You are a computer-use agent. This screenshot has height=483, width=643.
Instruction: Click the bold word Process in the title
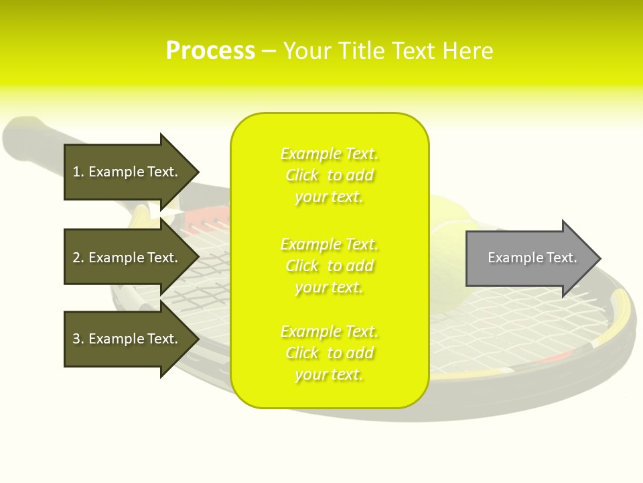(211, 51)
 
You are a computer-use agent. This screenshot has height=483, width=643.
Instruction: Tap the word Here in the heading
(468, 51)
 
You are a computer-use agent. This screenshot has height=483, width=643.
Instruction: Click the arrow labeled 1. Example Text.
(132, 172)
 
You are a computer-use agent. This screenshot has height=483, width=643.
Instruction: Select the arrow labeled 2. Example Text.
(132, 257)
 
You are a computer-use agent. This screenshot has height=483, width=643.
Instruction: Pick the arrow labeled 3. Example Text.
(132, 338)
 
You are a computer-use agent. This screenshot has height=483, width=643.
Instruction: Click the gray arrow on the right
(534, 258)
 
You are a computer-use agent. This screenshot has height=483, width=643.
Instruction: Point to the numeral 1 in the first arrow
(76, 172)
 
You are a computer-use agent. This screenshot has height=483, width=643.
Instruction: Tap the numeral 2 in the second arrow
(76, 258)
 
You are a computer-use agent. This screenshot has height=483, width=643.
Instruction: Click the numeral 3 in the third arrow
(76, 339)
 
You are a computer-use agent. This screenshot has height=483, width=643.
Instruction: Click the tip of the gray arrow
(601, 258)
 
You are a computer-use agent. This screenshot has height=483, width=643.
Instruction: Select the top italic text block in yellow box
(330, 175)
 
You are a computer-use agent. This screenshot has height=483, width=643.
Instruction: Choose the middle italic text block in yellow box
(330, 266)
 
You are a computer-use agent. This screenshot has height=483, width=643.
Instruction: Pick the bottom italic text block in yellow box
(330, 353)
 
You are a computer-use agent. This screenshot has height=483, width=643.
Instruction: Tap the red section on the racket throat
(207, 217)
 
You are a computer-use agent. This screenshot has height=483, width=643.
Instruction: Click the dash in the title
(269, 52)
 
